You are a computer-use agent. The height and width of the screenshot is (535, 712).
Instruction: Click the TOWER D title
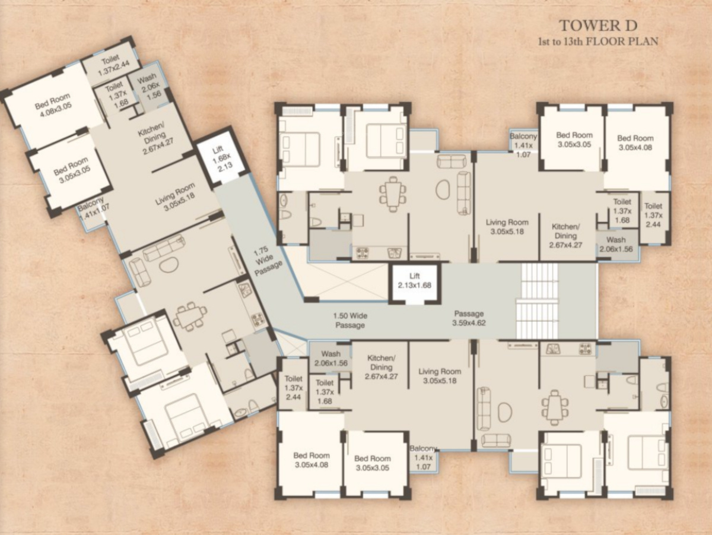[599, 26]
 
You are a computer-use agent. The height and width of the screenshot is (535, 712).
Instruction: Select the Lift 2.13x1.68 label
[415, 281]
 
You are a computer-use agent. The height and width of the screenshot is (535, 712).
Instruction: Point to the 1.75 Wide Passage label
[266, 261]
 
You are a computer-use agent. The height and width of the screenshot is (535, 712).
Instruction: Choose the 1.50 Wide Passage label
[350, 320]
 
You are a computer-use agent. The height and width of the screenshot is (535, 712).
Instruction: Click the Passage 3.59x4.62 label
[469, 318]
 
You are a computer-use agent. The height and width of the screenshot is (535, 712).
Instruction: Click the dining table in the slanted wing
[190, 314]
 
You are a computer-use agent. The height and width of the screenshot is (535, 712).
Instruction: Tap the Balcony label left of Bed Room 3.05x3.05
[523, 145]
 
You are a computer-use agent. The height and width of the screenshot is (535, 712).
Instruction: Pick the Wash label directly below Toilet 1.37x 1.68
[616, 244]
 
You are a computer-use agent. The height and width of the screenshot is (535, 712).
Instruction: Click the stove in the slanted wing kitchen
[258, 319]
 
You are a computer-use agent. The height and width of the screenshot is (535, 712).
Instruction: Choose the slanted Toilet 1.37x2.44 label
[113, 66]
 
